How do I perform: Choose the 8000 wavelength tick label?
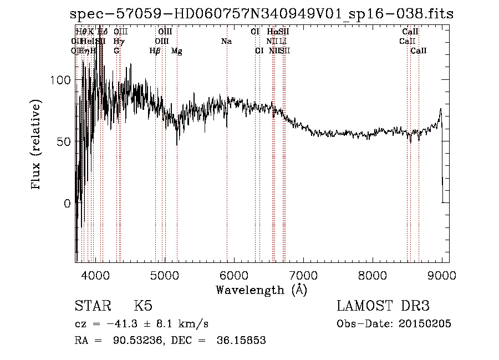click(373, 275)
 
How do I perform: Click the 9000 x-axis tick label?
click(442, 275)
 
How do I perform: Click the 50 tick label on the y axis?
click(63, 141)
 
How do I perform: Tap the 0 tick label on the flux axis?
click(67, 203)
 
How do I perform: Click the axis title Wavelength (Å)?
click(261, 290)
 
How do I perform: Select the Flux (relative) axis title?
click(37, 146)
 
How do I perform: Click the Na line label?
click(226, 42)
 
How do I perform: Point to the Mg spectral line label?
click(177, 51)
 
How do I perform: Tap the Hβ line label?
click(155, 51)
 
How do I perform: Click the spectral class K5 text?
click(143, 306)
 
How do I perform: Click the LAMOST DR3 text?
click(383, 306)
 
